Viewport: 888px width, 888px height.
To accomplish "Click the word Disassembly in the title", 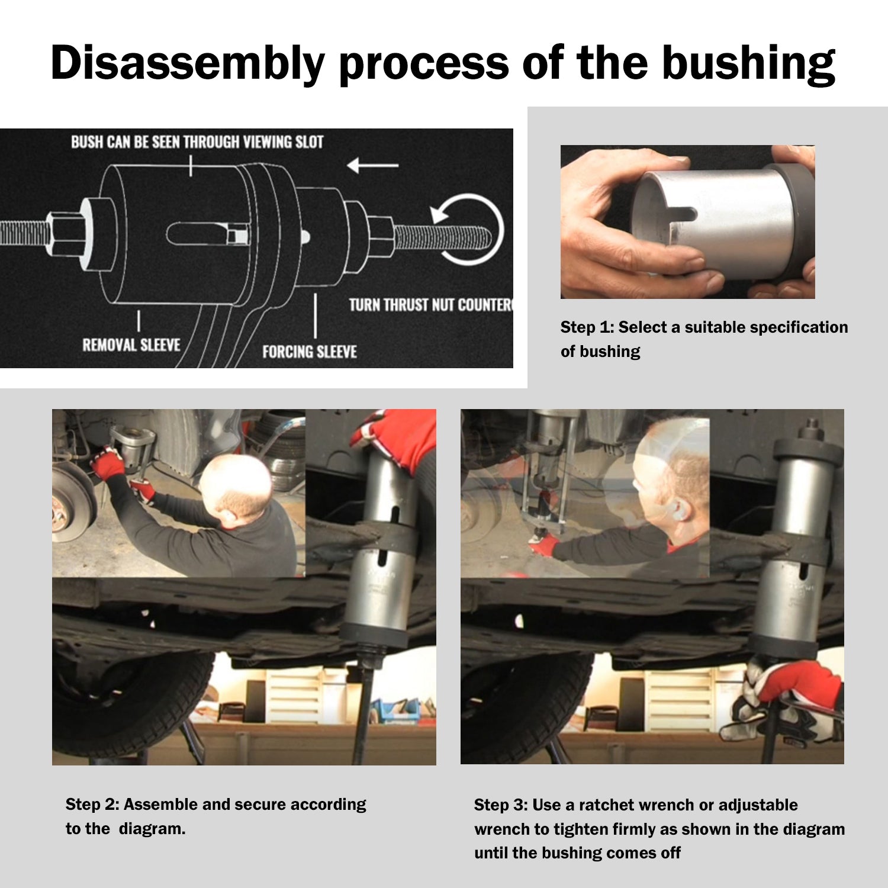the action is click(x=188, y=63).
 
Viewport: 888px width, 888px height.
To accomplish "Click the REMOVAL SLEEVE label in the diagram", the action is click(x=131, y=345).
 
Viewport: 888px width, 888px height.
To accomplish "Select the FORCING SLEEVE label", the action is click(x=310, y=352).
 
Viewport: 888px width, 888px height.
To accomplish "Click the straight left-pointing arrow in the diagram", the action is click(x=372, y=165).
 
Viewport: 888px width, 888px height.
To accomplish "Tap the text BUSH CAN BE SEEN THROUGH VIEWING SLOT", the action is click(x=197, y=142).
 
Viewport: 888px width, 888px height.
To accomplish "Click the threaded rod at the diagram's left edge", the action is click(x=24, y=234).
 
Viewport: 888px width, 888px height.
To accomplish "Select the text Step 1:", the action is click(x=587, y=327).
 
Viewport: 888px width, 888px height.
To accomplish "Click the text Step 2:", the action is click(x=92, y=805).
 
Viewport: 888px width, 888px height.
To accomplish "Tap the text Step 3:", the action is click(x=500, y=805).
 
